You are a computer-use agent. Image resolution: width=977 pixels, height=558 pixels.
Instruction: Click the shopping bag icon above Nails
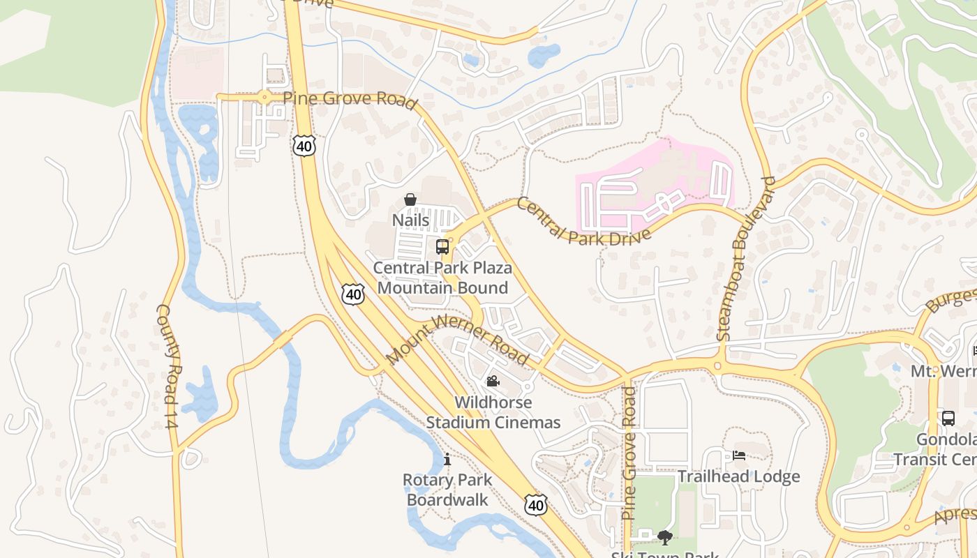[410, 200]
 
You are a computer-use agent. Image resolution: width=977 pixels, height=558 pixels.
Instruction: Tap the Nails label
[410, 220]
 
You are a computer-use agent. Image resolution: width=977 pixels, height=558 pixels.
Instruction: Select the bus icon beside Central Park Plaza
[442, 246]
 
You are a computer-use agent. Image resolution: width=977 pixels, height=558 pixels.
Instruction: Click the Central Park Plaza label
[442, 268]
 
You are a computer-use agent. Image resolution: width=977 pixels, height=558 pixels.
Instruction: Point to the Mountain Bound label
[442, 287]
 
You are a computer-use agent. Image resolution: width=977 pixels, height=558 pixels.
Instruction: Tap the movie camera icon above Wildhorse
[493, 382]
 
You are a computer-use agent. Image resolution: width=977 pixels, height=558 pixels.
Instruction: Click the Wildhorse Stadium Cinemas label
[493, 412]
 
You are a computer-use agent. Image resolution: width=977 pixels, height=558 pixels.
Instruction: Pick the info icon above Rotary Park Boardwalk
[447, 460]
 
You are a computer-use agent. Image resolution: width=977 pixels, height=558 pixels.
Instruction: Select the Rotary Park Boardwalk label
[447, 490]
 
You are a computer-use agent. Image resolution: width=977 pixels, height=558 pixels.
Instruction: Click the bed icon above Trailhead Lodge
[739, 456]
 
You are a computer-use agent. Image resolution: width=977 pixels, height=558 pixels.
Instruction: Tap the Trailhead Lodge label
[739, 477]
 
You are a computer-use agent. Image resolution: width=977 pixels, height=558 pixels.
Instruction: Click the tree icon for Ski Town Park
[665, 537]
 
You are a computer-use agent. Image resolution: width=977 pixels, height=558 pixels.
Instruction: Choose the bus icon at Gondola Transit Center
[948, 418]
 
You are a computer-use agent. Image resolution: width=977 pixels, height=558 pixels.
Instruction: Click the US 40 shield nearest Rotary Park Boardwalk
[535, 504]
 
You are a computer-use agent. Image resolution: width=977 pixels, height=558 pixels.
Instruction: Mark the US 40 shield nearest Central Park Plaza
[353, 294]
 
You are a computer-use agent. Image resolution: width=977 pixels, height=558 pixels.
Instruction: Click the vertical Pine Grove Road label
[629, 453]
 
